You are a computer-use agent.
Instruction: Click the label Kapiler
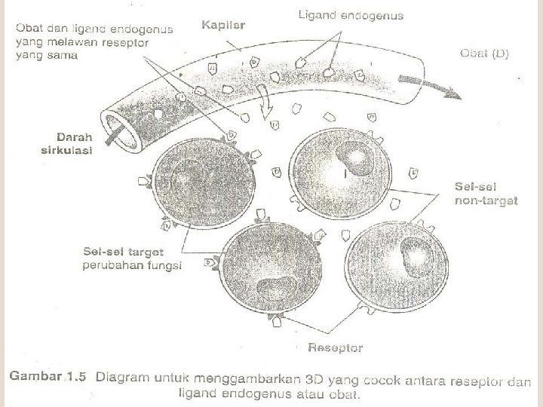pos(223,25)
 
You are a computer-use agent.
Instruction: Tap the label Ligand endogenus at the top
pos(351,14)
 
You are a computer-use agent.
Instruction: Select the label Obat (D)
pos(484,54)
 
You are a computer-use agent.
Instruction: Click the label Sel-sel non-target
pos(486,193)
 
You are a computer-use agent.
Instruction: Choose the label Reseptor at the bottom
pos(335,347)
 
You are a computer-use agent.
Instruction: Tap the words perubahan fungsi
pos(133,265)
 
